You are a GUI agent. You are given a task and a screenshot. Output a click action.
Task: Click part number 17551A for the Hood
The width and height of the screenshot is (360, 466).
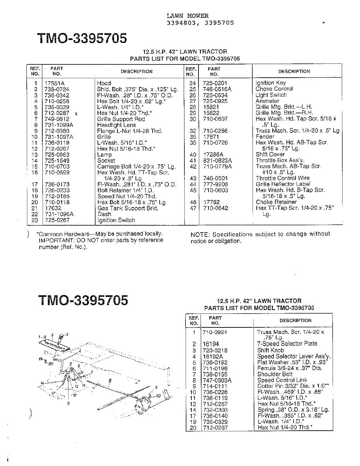(54, 83)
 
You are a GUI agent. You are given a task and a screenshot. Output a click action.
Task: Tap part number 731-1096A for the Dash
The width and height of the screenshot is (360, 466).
(59, 214)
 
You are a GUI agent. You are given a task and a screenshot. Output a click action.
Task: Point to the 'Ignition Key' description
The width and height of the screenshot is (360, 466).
(271, 83)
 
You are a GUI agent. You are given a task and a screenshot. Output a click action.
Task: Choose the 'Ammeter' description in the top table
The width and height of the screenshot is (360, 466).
(268, 101)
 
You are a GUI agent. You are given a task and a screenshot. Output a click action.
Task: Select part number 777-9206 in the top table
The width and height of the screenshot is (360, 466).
(216, 184)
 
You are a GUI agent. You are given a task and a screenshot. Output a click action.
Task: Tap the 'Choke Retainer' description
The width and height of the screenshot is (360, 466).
(276, 202)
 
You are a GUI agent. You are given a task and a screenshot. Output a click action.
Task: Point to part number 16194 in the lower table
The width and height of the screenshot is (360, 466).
(211, 344)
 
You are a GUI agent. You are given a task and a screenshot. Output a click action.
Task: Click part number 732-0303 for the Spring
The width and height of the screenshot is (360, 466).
(215, 410)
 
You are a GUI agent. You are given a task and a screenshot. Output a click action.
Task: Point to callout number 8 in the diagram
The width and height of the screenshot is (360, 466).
(110, 381)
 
